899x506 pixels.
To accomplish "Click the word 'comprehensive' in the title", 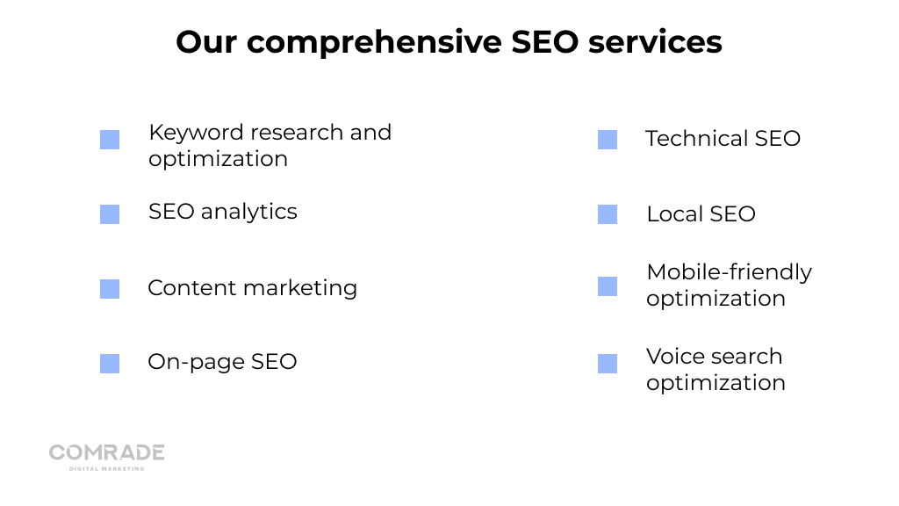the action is click(374, 43).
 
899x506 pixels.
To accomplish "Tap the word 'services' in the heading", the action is click(655, 42).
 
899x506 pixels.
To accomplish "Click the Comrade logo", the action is click(106, 457).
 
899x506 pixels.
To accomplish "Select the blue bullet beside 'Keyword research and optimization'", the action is click(110, 140).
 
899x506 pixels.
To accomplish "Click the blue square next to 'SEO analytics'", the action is click(110, 214).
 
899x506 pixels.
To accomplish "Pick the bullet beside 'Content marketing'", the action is click(110, 288).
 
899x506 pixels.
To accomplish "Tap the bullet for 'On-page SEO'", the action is click(110, 363).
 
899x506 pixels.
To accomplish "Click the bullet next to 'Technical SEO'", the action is click(608, 140).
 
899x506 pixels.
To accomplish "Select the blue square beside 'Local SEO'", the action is click(608, 214).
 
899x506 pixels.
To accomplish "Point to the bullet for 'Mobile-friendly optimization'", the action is click(608, 286).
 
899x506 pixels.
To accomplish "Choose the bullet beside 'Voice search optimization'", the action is click(608, 363).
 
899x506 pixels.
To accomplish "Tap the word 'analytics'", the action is click(248, 213).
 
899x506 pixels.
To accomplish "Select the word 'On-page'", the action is click(196, 363).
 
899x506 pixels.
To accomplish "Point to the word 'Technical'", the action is click(696, 138).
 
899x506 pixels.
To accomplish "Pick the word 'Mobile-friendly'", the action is click(730, 272).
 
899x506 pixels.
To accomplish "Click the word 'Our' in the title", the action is click(205, 42).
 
